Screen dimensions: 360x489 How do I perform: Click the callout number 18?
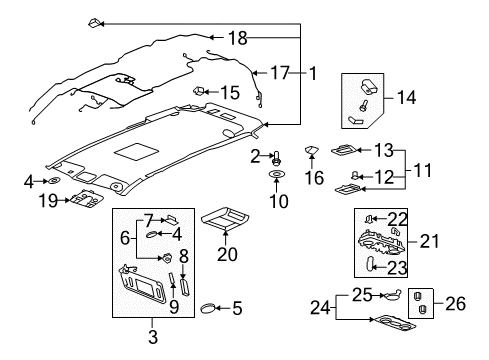point(237,39)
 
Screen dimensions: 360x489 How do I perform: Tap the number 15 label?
point(229,93)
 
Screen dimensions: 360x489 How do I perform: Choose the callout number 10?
point(278,201)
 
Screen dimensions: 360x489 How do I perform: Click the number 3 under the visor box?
point(153,339)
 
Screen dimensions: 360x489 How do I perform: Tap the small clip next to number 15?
point(199,92)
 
